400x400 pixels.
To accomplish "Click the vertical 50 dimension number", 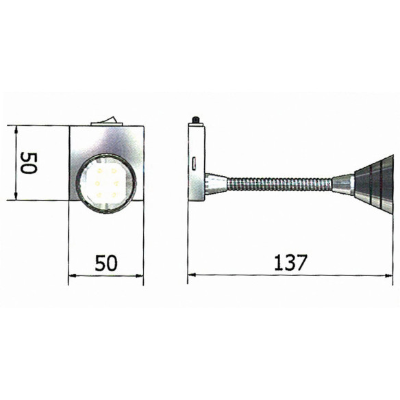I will tap(27, 164).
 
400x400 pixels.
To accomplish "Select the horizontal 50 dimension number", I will tap(107, 262).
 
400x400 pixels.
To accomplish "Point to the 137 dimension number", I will tap(290, 262).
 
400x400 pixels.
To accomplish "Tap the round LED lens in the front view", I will tap(106, 185).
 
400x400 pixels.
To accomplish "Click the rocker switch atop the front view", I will tap(107, 122).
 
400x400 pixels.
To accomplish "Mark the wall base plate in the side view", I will tap(196, 164).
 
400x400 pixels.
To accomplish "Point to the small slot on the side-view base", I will tap(196, 163).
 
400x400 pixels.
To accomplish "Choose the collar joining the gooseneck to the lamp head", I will tap(342, 183).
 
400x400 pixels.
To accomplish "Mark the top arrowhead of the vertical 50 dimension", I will tap(15, 130).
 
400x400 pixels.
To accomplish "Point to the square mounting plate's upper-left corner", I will tap(70, 127).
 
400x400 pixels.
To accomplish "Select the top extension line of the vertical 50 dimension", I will tap(41, 126).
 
